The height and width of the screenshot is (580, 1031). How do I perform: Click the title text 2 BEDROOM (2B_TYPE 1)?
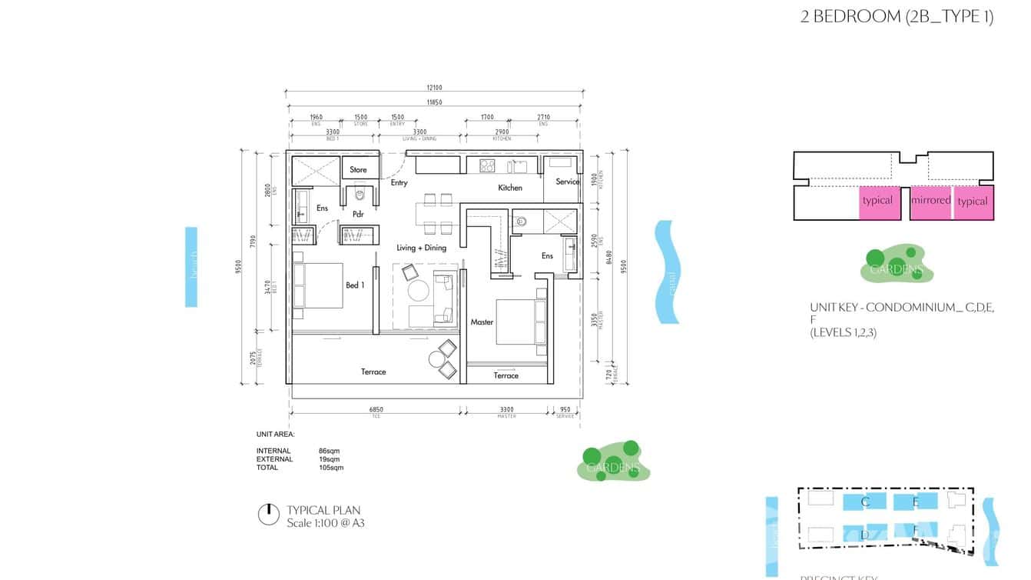tap(897, 17)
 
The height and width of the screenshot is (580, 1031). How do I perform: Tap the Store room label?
tap(358, 170)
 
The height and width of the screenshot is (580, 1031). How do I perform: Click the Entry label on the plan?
tap(399, 183)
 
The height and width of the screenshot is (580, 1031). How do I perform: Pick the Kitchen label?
tap(509, 188)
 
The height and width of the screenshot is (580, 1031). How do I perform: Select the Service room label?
tap(567, 182)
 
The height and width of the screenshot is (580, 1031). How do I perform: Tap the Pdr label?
tap(358, 215)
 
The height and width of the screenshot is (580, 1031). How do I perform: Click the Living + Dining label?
tap(421, 248)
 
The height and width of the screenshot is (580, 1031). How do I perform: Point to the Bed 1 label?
tap(355, 285)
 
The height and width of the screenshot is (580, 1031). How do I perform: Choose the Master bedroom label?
tap(482, 322)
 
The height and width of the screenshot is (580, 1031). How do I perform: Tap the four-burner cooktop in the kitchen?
tap(486, 165)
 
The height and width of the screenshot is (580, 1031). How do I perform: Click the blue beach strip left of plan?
tap(191, 267)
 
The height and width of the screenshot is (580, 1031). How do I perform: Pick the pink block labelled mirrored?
tap(930, 202)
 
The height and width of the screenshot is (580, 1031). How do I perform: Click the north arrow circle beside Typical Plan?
tap(268, 515)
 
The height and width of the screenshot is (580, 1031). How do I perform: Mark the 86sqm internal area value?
tap(328, 451)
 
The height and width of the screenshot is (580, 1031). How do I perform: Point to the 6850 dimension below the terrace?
tap(376, 410)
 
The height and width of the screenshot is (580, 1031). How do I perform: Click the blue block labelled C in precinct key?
tap(865, 502)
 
